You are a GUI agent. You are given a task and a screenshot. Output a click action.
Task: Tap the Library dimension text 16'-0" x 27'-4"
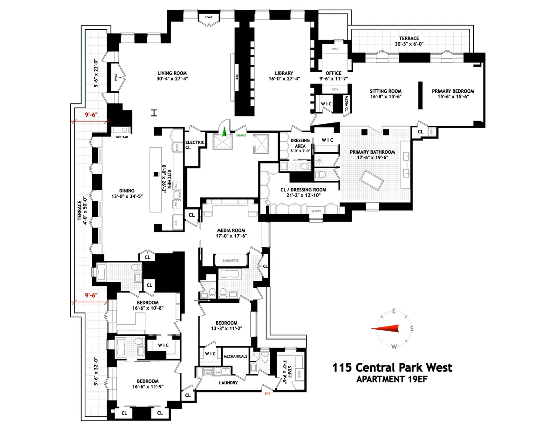pos(283,80)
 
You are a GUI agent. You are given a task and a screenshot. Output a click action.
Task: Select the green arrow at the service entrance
pos(224,132)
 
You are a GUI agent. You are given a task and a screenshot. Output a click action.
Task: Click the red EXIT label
pos(267,394)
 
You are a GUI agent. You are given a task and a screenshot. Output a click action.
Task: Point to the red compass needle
pos(386,329)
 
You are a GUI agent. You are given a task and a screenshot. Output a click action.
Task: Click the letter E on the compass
pos(394,312)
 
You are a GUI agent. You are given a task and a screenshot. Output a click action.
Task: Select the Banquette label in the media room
pos(231,261)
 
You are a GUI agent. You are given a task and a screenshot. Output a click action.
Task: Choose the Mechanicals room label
pos(235,356)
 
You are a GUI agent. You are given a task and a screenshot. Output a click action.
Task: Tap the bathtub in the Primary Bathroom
pos(371,177)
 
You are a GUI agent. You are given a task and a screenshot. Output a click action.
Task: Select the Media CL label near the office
pos(347,105)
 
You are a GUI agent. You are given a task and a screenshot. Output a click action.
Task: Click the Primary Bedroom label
pos(453,91)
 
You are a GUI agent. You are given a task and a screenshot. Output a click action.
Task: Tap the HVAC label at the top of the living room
pos(209,18)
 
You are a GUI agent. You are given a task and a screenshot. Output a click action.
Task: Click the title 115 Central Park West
pos(392,367)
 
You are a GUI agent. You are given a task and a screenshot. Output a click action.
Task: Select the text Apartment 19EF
pos(392,379)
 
